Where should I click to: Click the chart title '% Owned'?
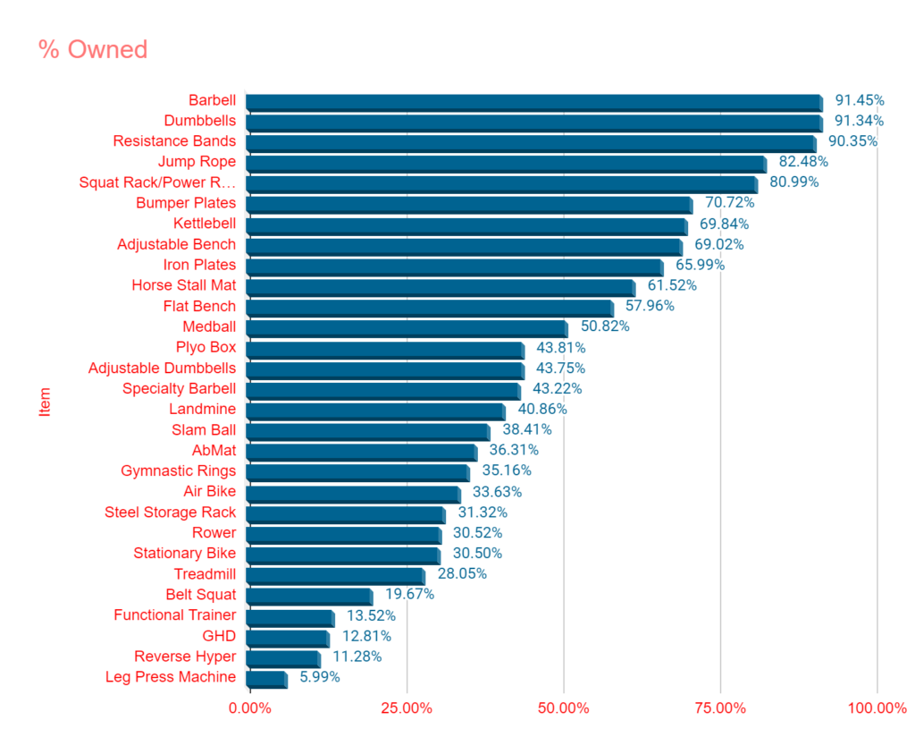tap(93, 49)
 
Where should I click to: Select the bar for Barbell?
tap(533, 101)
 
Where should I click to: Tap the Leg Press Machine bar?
tap(266, 678)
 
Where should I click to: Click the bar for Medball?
tap(406, 327)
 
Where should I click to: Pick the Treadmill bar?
tap(335, 575)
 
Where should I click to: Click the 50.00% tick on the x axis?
tap(564, 708)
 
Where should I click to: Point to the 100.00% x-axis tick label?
tap(877, 708)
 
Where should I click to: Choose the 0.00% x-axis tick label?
tap(251, 708)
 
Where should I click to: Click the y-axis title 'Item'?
tap(46, 401)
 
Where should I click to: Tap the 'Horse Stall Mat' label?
tap(184, 285)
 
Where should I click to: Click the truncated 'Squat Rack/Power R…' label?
tap(157, 182)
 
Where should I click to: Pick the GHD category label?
tap(219, 636)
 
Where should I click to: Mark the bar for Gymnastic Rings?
tap(357, 471)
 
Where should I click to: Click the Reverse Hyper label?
tap(185, 657)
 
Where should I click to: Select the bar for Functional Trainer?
tap(290, 616)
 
